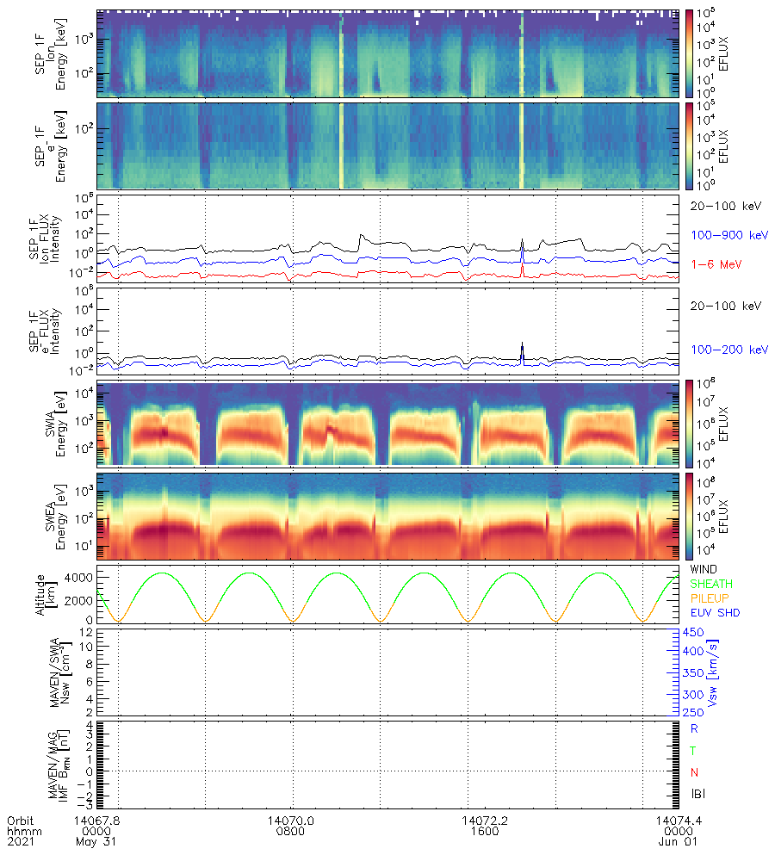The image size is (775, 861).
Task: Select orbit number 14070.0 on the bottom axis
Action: pyautogui.click(x=293, y=821)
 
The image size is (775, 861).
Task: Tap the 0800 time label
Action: pyautogui.click(x=293, y=833)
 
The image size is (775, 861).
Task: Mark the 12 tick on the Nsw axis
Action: pyautogui.click(x=86, y=632)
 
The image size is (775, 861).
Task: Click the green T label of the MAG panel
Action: pyautogui.click(x=692, y=751)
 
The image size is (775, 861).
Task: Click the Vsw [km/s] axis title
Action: pyautogui.click(x=713, y=672)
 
